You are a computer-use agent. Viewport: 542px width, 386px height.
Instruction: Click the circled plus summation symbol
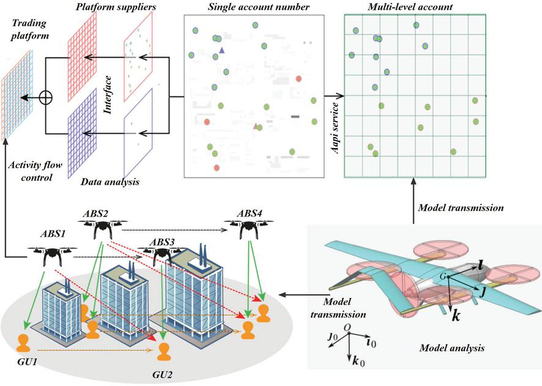tap(46, 97)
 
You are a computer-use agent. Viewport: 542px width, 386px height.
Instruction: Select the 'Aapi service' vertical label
tap(334, 129)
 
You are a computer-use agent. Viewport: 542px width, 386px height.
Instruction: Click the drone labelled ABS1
tap(51, 253)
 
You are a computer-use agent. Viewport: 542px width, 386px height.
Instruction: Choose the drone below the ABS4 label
tap(250, 228)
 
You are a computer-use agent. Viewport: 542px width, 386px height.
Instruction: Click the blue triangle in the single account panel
tap(221, 49)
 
